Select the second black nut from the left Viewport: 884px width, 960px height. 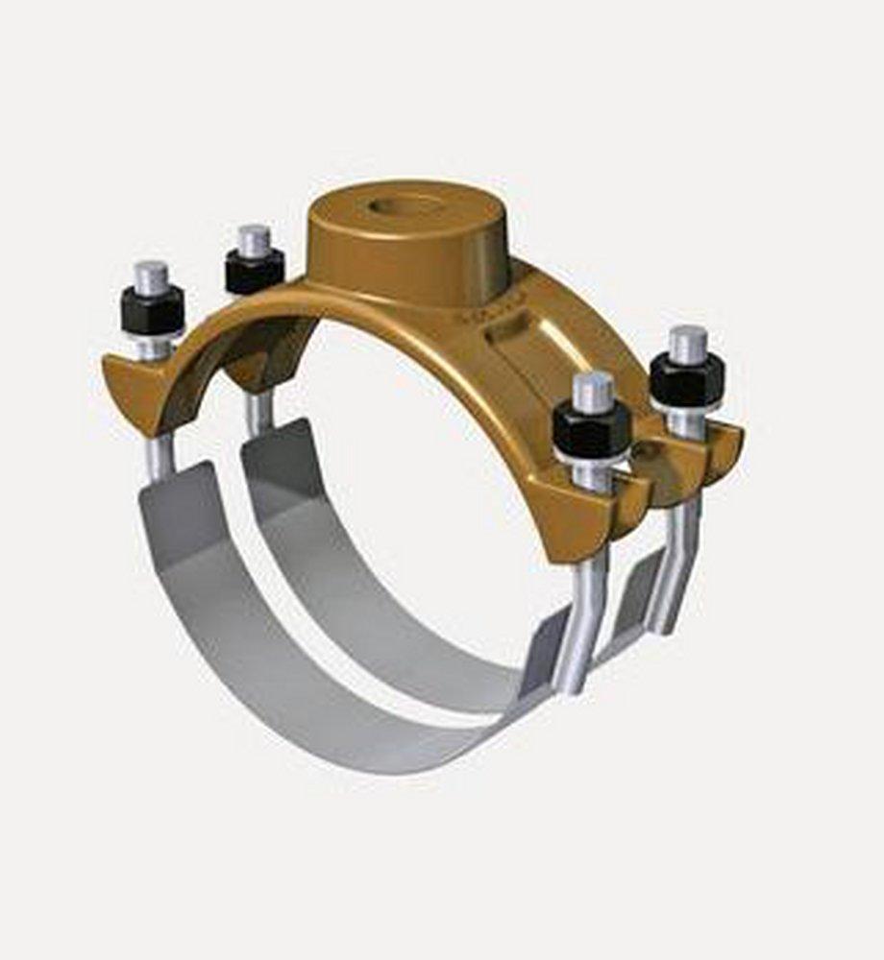(x=254, y=272)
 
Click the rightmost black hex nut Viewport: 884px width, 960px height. (x=687, y=380)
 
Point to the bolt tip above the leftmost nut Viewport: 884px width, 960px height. (x=151, y=276)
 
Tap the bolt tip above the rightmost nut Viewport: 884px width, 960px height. (x=688, y=342)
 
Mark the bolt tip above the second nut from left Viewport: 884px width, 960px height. (x=254, y=239)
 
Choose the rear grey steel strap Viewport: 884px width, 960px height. (x=384, y=595)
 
